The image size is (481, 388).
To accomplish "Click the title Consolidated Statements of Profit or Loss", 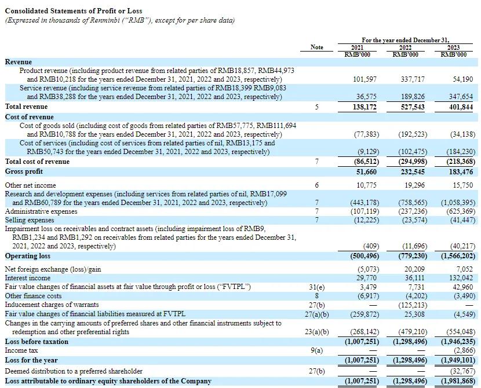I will click(74, 11).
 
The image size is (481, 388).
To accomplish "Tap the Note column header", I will click(317, 47).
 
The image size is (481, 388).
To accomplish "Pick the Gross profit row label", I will click(24, 172).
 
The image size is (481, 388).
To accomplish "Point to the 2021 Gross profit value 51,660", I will click(365, 172).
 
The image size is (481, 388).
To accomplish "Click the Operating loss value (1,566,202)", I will click(458, 256).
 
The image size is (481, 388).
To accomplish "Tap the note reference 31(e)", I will click(317, 287).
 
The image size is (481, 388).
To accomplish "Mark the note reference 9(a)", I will click(317, 350).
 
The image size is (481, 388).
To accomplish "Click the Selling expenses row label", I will click(30, 220).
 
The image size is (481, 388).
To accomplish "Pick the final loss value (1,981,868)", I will click(458, 381).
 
